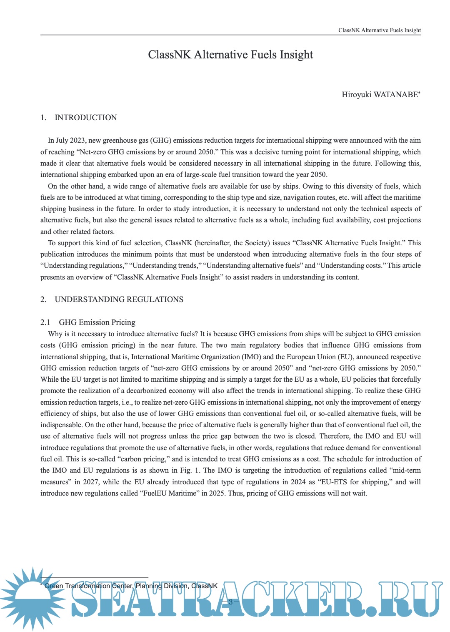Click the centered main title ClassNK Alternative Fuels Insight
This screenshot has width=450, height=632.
[230, 55]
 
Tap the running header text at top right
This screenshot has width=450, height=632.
[379, 30]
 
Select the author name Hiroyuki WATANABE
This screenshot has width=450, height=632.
[380, 95]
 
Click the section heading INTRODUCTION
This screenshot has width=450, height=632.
[85, 118]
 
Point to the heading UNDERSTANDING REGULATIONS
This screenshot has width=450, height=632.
[119, 300]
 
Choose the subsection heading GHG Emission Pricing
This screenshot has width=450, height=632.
[97, 322]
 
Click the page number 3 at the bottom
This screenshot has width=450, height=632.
[230, 602]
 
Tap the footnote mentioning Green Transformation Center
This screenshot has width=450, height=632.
[130, 586]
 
